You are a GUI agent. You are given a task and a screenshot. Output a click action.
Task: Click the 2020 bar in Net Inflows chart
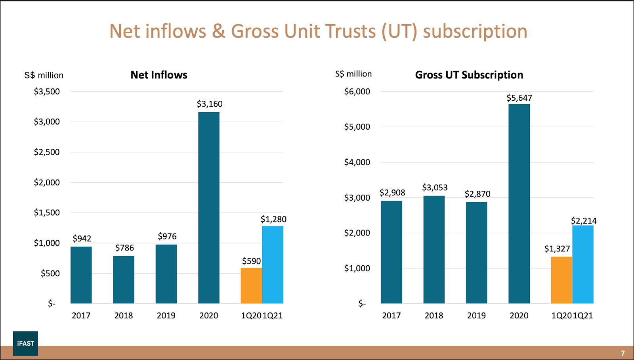click(x=209, y=208)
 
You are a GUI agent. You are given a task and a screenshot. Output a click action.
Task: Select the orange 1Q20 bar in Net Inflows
click(x=251, y=285)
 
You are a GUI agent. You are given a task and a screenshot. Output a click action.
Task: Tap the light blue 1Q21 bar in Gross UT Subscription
click(x=583, y=264)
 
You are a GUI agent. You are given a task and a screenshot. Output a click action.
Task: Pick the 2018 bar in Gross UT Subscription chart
click(x=434, y=250)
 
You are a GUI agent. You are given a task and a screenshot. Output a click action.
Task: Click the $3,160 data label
click(x=210, y=104)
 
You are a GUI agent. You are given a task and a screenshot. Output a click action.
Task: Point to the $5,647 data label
click(x=519, y=98)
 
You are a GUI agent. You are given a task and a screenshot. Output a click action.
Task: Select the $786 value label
click(x=124, y=248)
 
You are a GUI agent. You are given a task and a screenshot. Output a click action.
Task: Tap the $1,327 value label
click(x=557, y=249)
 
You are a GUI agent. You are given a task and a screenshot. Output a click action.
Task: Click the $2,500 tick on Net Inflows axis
click(x=47, y=152)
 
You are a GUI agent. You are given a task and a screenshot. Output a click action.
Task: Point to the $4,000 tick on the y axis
click(x=357, y=162)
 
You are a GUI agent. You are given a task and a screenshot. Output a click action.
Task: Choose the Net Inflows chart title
click(x=159, y=75)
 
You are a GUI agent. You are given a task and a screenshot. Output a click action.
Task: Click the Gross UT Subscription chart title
click(x=469, y=75)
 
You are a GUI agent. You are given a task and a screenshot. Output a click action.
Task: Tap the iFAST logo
click(x=25, y=343)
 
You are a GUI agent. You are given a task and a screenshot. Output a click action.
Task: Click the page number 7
click(x=623, y=353)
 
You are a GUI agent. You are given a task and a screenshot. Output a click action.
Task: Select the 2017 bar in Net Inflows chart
click(x=81, y=275)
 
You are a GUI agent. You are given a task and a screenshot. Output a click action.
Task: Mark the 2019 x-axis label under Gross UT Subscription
click(x=476, y=316)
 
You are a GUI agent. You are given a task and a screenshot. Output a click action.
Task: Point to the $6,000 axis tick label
click(x=357, y=92)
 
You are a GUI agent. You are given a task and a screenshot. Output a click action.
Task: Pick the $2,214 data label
click(x=584, y=221)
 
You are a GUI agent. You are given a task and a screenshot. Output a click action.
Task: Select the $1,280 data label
click(x=273, y=219)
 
